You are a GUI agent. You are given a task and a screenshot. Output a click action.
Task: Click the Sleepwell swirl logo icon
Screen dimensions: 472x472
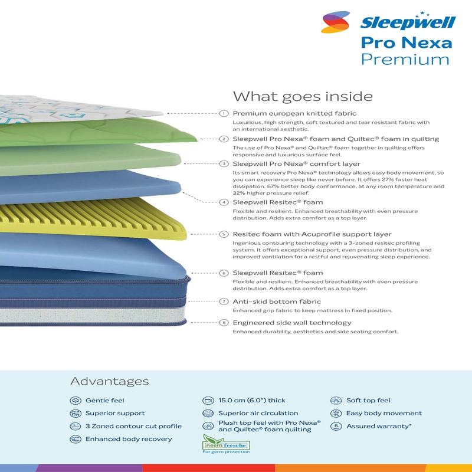(x=335, y=22)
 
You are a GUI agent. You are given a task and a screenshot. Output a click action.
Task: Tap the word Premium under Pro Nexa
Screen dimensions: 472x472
(x=405, y=60)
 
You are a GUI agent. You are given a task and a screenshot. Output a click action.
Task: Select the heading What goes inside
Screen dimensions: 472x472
(x=303, y=97)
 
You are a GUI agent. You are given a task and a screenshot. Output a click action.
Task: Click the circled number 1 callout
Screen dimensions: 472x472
(x=224, y=113)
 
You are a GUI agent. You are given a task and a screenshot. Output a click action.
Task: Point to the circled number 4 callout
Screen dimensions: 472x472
(x=224, y=202)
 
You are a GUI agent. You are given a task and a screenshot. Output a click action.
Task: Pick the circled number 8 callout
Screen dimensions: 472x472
(x=224, y=323)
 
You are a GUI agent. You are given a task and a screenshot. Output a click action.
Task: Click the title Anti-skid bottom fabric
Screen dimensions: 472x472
(x=277, y=301)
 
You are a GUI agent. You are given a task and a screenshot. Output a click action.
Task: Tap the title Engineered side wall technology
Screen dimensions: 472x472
(x=292, y=323)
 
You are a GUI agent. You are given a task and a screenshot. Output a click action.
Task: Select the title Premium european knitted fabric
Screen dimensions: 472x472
(x=294, y=113)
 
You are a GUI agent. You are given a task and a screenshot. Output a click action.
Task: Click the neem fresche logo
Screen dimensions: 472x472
(x=226, y=444)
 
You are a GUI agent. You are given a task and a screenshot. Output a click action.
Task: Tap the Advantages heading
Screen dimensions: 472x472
(x=110, y=381)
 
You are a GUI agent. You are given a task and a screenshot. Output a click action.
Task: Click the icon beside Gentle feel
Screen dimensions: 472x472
(x=76, y=401)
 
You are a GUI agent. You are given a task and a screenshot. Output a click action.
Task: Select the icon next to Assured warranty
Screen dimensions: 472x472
(x=336, y=426)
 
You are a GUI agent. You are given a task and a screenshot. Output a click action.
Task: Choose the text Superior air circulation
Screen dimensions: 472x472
(x=258, y=414)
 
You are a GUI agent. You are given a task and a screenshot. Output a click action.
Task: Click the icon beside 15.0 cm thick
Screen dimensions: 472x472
(x=208, y=401)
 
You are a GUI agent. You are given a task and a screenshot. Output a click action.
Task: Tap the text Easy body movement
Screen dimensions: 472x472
(x=384, y=414)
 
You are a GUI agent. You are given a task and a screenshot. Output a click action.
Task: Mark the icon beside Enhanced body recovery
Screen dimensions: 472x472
(x=76, y=439)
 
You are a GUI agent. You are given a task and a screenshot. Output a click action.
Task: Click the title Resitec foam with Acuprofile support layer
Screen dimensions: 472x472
(x=312, y=234)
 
